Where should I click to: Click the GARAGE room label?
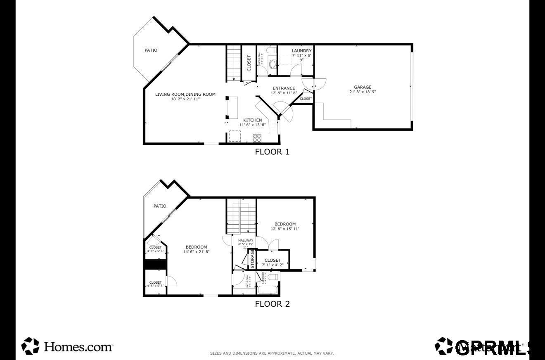click(x=362, y=87)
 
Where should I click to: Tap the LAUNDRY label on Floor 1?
click(x=301, y=51)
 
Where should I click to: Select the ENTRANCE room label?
click(x=284, y=88)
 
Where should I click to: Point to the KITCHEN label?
click(x=252, y=120)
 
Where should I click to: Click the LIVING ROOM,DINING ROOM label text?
click(x=185, y=94)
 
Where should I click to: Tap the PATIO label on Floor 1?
click(x=151, y=50)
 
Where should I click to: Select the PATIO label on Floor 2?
click(x=160, y=206)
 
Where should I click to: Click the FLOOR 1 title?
click(x=272, y=152)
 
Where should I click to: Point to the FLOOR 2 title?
click(x=272, y=304)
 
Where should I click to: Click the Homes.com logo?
click(x=67, y=346)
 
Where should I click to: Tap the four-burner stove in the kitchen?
click(x=257, y=138)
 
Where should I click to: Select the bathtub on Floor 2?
click(x=268, y=289)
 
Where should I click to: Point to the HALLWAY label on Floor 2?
click(x=246, y=240)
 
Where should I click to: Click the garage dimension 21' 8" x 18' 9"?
click(x=362, y=92)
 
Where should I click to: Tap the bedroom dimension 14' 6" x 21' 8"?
click(x=196, y=252)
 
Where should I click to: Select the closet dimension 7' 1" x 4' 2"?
click(x=272, y=265)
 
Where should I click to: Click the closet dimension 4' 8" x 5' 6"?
click(x=155, y=251)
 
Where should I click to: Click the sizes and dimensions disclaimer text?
click(x=272, y=353)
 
